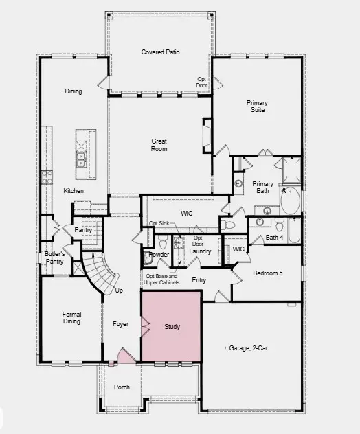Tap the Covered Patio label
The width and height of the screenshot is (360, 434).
click(160, 52)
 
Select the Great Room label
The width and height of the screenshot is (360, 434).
click(159, 145)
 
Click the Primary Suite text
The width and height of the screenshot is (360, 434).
click(257, 106)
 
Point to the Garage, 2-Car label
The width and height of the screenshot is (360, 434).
click(248, 348)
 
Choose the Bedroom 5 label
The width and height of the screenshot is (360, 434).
click(267, 273)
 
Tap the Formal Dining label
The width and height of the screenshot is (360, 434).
click(71, 318)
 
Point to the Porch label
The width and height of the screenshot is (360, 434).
click(121, 387)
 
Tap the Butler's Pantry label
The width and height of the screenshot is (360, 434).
click(55, 258)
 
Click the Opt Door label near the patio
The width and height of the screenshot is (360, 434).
click(202, 82)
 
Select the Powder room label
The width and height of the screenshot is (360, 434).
click(159, 254)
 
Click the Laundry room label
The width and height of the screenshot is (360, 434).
click(200, 251)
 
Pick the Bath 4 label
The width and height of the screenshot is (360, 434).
click(275, 238)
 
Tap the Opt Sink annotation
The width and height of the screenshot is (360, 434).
click(159, 224)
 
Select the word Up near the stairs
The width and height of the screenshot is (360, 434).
click(118, 290)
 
